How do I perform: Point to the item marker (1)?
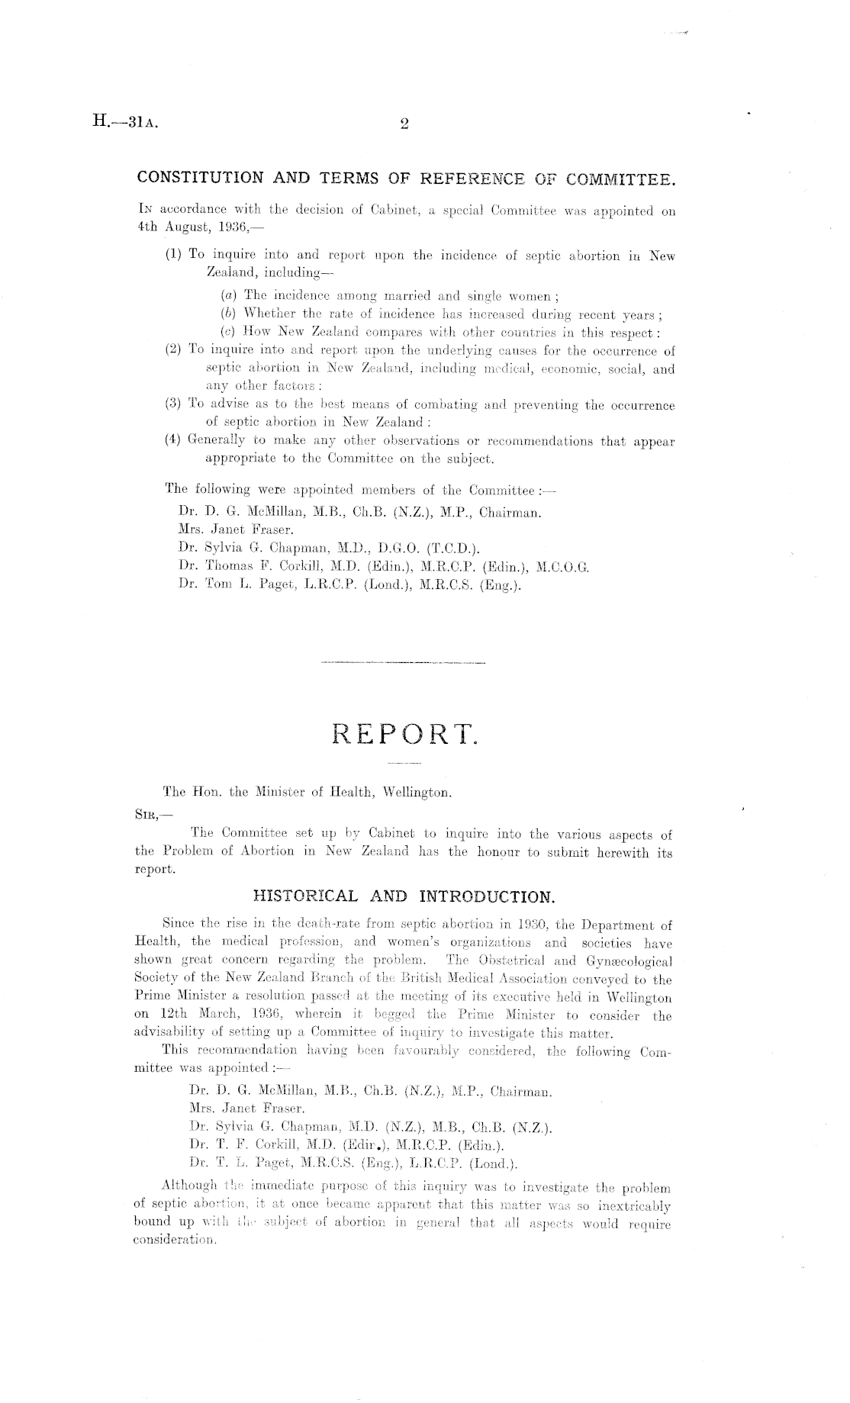pos(175,256)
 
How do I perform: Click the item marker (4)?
pos(175,441)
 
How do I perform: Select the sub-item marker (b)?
pos(227,314)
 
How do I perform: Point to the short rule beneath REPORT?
pos(404,764)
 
